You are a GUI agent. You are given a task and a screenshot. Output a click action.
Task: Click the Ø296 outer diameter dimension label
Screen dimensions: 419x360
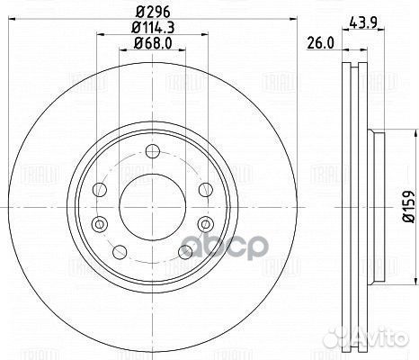tap(153, 12)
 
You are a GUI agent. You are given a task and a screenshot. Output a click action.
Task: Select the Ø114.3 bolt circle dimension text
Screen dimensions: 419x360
tap(153, 28)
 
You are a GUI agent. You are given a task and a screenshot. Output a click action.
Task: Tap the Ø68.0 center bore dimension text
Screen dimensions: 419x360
tap(153, 43)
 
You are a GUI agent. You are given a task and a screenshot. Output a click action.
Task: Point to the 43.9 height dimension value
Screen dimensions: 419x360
tap(362, 22)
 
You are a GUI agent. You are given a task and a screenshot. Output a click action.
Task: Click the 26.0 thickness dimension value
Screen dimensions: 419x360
tap(320, 43)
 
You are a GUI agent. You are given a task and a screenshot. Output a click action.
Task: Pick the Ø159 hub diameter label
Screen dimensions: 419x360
tap(409, 206)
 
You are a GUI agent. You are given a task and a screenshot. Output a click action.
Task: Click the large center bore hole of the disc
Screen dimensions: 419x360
tap(153, 207)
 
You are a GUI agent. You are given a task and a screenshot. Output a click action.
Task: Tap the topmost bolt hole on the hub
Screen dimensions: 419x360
tap(153, 151)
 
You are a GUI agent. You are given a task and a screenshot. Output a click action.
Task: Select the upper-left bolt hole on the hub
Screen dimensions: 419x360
tap(100, 190)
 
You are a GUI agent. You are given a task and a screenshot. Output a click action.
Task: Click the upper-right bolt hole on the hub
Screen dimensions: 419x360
tap(206, 190)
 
